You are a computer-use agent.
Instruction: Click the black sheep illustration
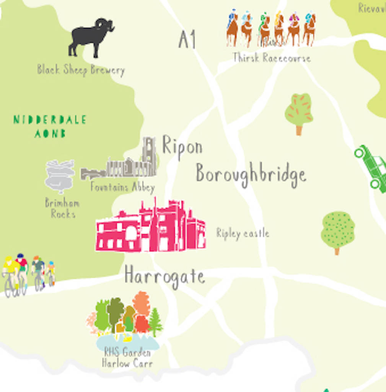tap(91, 37)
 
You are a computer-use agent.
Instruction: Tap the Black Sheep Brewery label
tap(81, 70)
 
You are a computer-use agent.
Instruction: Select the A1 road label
tap(187, 40)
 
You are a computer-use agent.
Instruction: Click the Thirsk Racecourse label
tap(272, 58)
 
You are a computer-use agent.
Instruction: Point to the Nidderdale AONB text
tap(50, 126)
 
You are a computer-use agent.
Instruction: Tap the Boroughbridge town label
tap(251, 175)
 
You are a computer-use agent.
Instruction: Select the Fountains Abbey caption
tap(122, 187)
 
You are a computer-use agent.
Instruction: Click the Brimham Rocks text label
tap(62, 208)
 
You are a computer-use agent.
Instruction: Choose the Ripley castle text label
tap(243, 233)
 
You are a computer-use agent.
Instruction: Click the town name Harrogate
tap(164, 276)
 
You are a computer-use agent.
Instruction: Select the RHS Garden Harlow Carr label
tap(127, 358)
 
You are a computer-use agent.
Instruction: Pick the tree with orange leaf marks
tap(299, 111)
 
